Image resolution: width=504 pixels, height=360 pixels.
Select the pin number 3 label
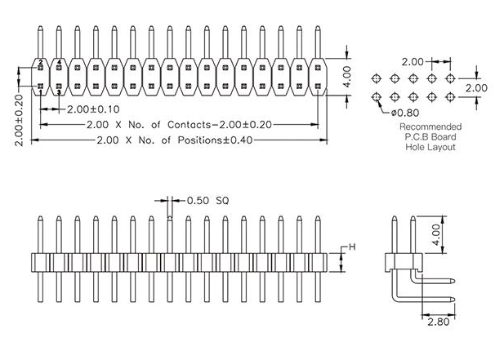pos(59,92)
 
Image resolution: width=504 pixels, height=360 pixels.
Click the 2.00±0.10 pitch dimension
pos(93,109)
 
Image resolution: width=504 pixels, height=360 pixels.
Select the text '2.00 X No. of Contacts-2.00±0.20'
pos(179,125)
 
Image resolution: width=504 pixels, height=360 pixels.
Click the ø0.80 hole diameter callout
pos(407,112)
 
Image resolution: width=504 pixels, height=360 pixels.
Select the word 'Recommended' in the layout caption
pos(430,127)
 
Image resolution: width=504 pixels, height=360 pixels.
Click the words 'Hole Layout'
pos(430,147)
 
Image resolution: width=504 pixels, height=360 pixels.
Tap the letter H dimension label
pos(353,247)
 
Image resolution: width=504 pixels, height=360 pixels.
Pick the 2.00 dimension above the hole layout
pos(413,61)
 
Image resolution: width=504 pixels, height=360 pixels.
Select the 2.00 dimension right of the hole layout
pos(476,87)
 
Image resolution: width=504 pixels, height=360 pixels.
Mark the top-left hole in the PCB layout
pos(376,78)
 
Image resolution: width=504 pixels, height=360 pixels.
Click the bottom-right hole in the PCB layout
pos(451,97)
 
